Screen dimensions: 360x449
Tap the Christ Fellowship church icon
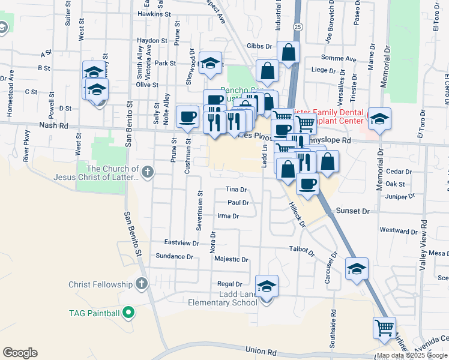pyautogui.click(x=142, y=283)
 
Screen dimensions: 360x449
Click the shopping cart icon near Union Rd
pyautogui.click(x=384, y=328)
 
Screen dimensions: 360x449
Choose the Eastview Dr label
pyautogui.click(x=182, y=243)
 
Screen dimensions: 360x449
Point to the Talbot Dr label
pyautogui.click(x=302, y=248)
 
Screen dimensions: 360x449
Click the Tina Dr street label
pyautogui.click(x=236, y=190)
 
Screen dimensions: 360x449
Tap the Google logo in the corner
pyautogui.click(x=20, y=353)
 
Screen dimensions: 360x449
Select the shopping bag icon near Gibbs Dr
pyautogui.click(x=289, y=53)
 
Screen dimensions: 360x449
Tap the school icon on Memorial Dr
pyautogui.click(x=379, y=119)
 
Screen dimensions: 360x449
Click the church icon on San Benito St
pyautogui.click(x=147, y=173)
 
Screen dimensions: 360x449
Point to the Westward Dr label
pyautogui.click(x=399, y=231)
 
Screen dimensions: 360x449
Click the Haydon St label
pyautogui.click(x=152, y=41)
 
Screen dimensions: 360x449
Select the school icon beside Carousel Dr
pyautogui.click(x=357, y=270)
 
